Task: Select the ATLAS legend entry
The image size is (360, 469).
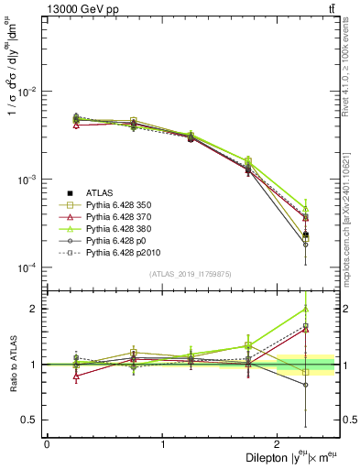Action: (x=100, y=192)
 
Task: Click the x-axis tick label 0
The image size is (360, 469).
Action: (x=47, y=444)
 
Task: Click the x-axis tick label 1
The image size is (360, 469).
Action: (x=162, y=444)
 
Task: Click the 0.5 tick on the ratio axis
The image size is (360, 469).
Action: (x=30, y=420)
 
